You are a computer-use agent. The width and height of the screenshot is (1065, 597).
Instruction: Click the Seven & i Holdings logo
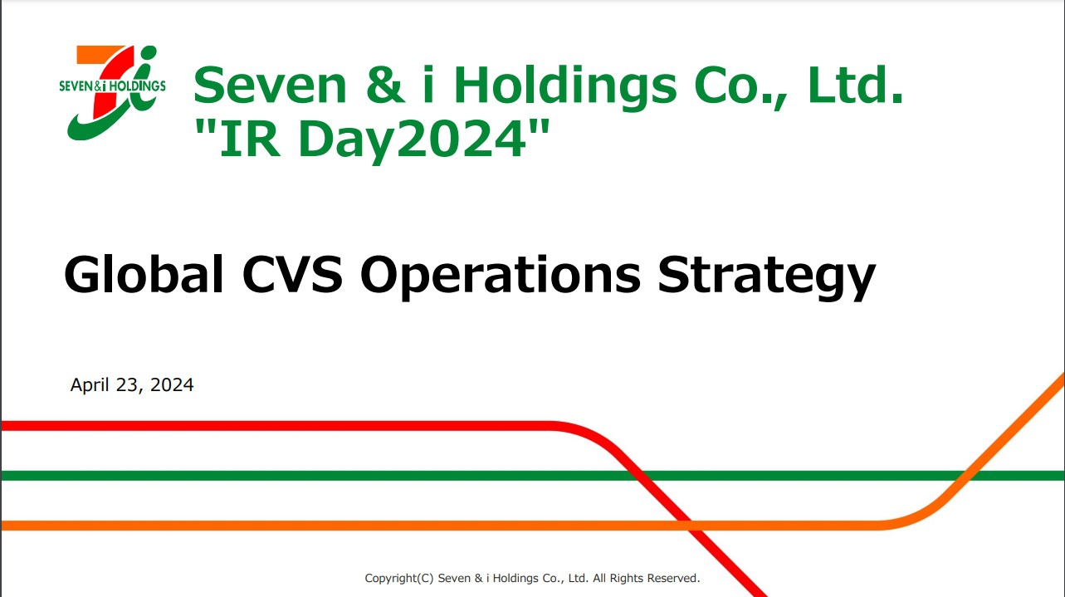(x=113, y=93)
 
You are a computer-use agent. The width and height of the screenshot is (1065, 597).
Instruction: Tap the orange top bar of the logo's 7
(x=99, y=55)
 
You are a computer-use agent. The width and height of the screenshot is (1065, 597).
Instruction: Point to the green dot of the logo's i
(x=149, y=53)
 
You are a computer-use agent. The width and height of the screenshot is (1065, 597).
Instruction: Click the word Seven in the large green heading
(x=270, y=86)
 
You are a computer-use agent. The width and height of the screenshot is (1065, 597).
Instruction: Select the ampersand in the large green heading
(x=386, y=85)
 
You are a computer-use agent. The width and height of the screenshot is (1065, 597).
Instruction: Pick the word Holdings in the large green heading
(x=565, y=87)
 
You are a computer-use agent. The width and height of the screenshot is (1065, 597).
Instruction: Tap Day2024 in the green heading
(x=413, y=139)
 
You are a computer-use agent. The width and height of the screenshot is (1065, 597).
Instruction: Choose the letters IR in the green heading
(x=250, y=139)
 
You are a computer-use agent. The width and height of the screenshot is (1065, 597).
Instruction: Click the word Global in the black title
(x=144, y=275)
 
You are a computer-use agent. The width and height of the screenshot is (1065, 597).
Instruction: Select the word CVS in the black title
(x=292, y=275)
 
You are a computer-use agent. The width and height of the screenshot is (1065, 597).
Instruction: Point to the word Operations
(x=501, y=276)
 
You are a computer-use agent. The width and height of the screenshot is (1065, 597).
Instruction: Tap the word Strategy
(x=766, y=276)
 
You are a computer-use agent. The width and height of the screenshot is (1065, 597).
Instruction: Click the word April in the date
(x=90, y=385)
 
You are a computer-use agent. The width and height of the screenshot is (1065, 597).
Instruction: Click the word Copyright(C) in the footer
(x=399, y=579)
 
